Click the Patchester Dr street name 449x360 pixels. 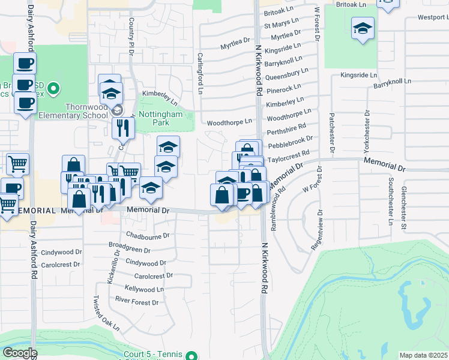tap(331, 133)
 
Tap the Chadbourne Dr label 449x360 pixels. tap(148, 235)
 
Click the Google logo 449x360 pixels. tap(19, 353)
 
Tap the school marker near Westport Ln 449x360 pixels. tap(363, 29)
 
